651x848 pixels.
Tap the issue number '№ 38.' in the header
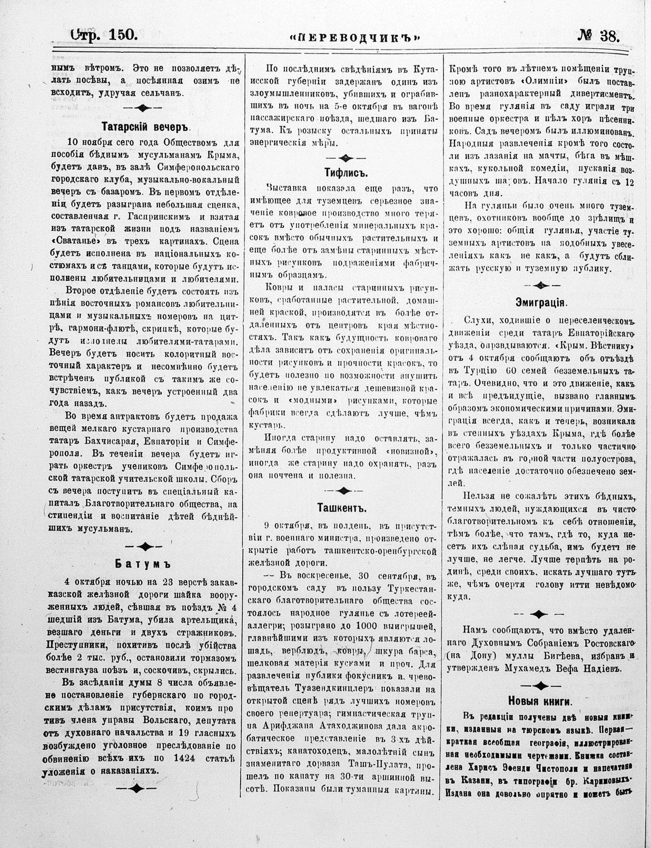(x=599, y=36)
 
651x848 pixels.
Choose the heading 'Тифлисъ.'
(x=345, y=173)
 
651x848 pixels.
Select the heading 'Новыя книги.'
(x=540, y=701)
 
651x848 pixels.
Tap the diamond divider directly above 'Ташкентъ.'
(x=345, y=490)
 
